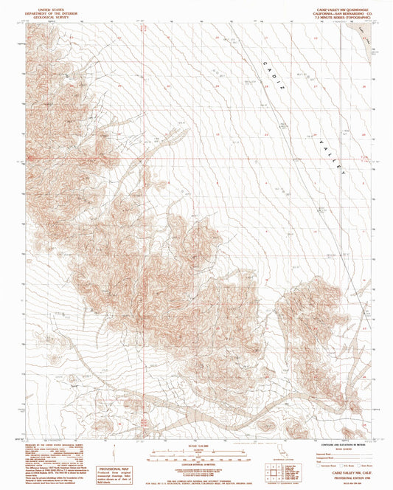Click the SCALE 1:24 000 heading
coord(195,444)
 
